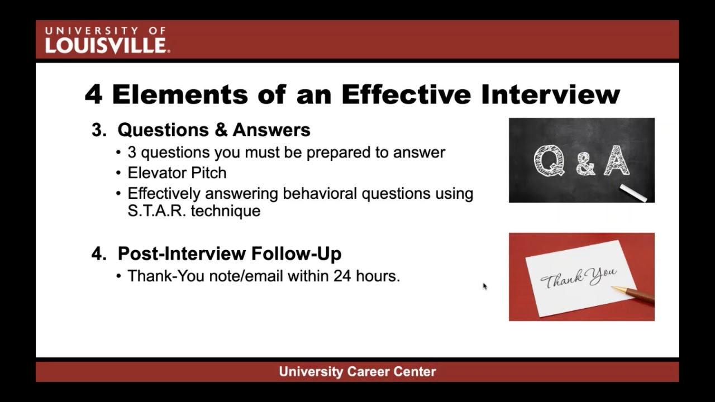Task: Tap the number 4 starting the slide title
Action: tap(93, 94)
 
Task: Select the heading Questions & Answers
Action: tap(214, 130)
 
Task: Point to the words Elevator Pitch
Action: tap(177, 173)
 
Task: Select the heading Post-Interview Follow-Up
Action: tap(230, 253)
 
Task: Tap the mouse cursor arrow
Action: tap(484, 286)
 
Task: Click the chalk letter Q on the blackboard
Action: tap(548, 161)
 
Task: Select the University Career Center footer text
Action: tap(357, 372)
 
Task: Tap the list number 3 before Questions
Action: tap(98, 130)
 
